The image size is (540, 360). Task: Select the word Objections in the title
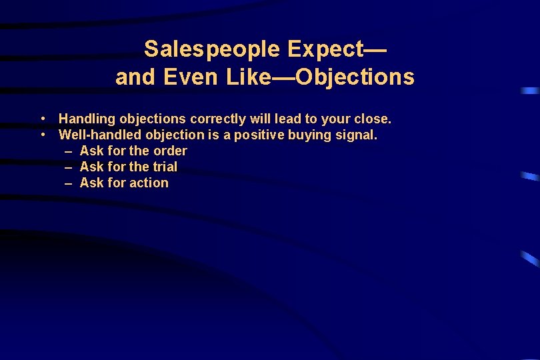pos(355,78)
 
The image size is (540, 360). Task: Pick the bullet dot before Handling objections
pos(42,119)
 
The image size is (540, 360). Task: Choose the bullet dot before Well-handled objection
pos(42,135)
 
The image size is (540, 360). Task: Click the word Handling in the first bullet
pos(86,119)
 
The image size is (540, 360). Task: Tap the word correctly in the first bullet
pos(218,119)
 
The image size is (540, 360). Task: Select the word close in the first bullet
pos(373,119)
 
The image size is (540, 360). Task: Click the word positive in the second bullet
pos(260,135)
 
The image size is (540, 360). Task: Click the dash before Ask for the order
pos(69,151)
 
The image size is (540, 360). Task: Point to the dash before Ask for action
pos(69,183)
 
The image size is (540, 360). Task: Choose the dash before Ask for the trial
pos(69,167)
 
